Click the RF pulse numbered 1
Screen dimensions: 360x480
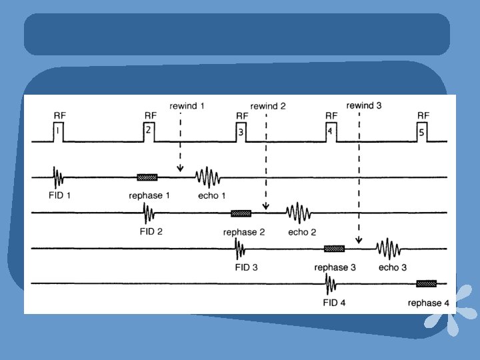(x=59, y=132)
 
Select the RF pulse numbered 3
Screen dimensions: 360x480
(x=241, y=132)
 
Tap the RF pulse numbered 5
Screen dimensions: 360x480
(x=422, y=132)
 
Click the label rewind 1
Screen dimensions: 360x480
(x=187, y=105)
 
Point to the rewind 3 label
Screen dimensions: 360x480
(x=364, y=105)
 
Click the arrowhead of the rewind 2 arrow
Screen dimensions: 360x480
(x=265, y=208)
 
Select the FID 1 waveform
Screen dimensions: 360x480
(x=58, y=177)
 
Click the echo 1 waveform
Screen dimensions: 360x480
(x=207, y=177)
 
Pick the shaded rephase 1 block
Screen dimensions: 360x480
(x=147, y=177)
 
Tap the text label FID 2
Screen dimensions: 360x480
(x=151, y=232)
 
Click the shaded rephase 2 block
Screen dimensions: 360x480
(x=241, y=213)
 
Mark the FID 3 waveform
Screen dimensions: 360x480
(x=240, y=249)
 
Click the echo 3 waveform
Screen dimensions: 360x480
(x=388, y=249)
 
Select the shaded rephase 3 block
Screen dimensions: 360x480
(x=334, y=249)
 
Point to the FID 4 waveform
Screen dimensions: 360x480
(x=330, y=285)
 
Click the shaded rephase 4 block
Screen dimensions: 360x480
(x=426, y=284)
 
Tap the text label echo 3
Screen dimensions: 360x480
(x=393, y=267)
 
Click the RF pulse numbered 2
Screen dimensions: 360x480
(x=149, y=132)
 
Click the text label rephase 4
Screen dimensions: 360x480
(x=429, y=303)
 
